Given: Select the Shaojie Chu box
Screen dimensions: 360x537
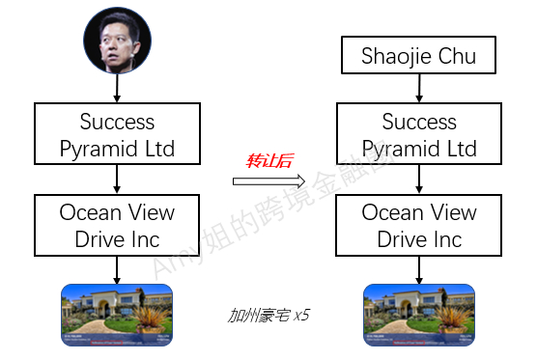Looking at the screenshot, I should [x=418, y=56].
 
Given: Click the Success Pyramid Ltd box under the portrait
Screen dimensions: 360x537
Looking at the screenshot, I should [x=117, y=134].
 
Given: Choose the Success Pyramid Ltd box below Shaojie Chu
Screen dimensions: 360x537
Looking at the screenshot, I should [x=418, y=134].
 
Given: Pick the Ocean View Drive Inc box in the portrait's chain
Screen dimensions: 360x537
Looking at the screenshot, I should [x=117, y=225].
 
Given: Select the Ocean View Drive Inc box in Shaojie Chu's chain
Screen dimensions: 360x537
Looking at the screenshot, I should [x=418, y=225].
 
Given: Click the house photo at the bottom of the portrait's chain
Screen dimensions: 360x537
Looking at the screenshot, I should [x=117, y=315].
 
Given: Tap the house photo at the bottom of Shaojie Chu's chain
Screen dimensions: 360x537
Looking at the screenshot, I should [x=418, y=315].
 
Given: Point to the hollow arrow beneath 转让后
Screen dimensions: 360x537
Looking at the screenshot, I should [x=268, y=180].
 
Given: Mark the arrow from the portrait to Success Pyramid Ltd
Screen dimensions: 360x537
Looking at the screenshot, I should [x=117, y=90].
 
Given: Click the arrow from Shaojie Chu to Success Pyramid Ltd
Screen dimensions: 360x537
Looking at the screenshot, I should [x=418, y=89].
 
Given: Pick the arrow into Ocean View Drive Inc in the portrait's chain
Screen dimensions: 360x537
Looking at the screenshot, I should [x=117, y=180].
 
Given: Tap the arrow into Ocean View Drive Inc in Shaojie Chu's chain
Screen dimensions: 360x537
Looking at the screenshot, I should [x=418, y=180].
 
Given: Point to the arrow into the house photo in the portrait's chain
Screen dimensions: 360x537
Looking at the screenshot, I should [x=117, y=269].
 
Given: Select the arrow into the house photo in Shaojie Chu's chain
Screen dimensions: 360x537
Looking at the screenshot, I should [x=418, y=269].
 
